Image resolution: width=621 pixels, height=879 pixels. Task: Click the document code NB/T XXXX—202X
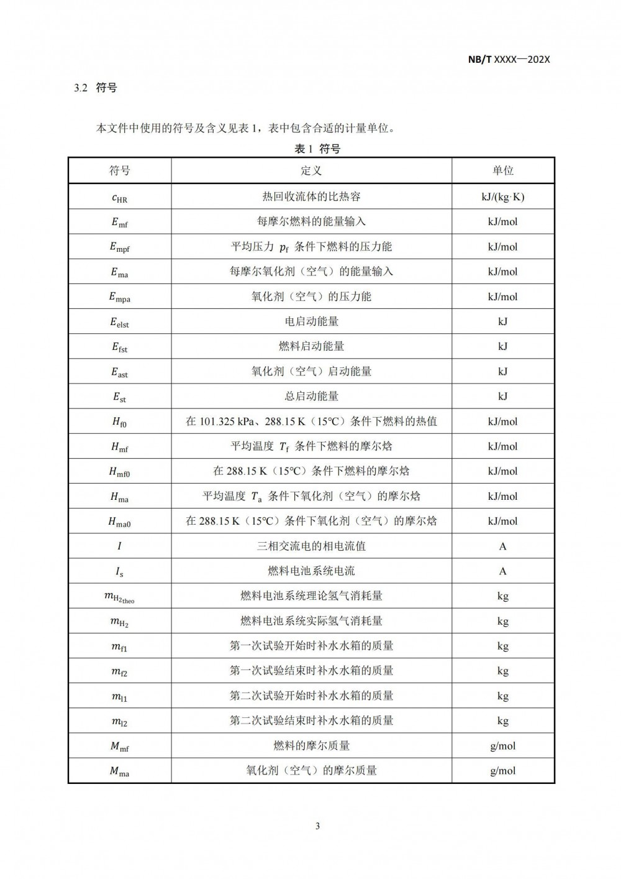click(509, 60)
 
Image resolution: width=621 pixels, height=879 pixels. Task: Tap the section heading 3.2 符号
click(96, 88)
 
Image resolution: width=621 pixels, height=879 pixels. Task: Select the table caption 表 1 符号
click(317, 149)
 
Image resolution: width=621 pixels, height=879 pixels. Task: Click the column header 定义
click(311, 171)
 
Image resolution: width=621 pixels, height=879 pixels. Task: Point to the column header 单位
click(502, 171)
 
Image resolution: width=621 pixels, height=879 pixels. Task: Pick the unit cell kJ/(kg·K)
click(502, 197)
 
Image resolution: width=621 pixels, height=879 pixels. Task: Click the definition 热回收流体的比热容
click(311, 197)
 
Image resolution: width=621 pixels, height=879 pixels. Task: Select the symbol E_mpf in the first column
click(119, 247)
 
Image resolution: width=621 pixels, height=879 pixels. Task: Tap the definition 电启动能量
click(311, 321)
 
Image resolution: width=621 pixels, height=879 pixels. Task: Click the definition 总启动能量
click(311, 396)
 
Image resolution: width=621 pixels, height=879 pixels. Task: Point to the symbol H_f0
click(119, 422)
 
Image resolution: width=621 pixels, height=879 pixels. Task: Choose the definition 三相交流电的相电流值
click(311, 546)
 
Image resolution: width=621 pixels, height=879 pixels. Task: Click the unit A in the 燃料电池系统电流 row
click(502, 571)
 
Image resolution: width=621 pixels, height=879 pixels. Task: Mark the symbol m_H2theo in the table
click(119, 597)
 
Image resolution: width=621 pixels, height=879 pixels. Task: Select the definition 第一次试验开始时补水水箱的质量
click(311, 646)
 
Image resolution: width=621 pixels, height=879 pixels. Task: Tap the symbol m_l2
click(119, 721)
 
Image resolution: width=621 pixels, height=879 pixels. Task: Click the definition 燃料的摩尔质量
click(311, 745)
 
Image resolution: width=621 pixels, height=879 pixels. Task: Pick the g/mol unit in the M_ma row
click(502, 771)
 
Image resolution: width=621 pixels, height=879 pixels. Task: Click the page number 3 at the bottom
click(317, 826)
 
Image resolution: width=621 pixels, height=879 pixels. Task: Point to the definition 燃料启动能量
click(311, 346)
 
